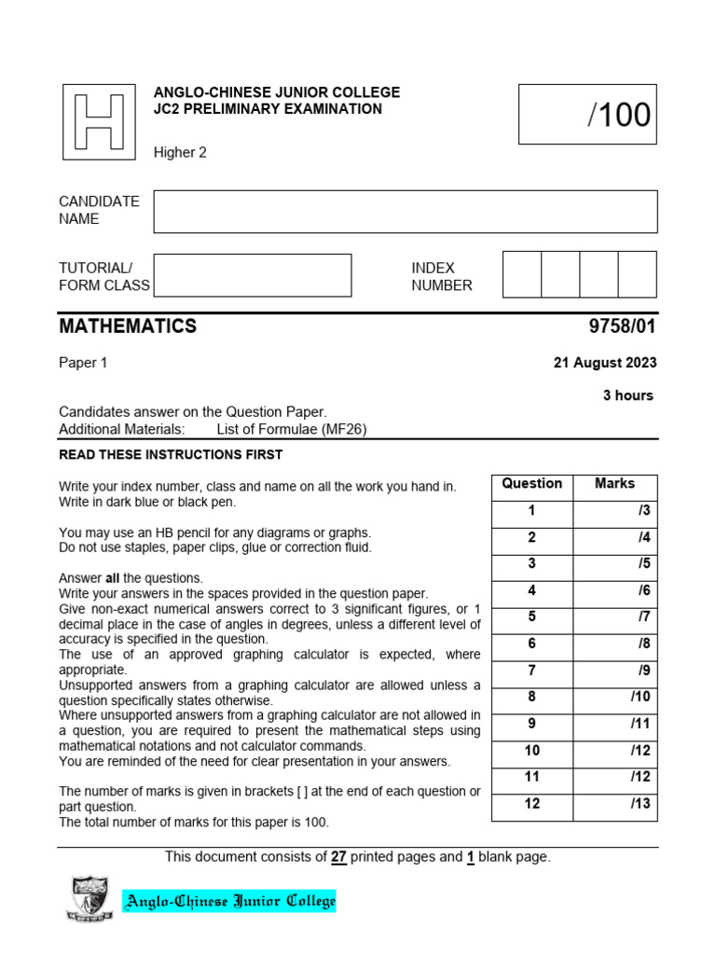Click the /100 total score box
(x=586, y=114)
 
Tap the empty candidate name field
(x=406, y=212)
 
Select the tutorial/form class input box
(x=253, y=275)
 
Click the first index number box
(x=522, y=274)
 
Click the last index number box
(x=637, y=274)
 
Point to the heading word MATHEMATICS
(x=128, y=326)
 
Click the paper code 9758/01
(x=617, y=326)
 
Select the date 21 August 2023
(x=605, y=363)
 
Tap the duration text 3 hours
(x=628, y=395)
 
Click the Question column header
(x=532, y=484)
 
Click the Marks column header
(x=614, y=484)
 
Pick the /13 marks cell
(x=614, y=804)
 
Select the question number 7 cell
(x=532, y=671)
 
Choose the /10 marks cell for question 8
(x=614, y=698)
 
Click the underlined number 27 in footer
(x=338, y=857)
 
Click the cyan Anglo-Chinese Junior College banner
(x=229, y=902)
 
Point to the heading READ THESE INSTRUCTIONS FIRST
(x=171, y=455)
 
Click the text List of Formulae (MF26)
(x=296, y=429)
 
